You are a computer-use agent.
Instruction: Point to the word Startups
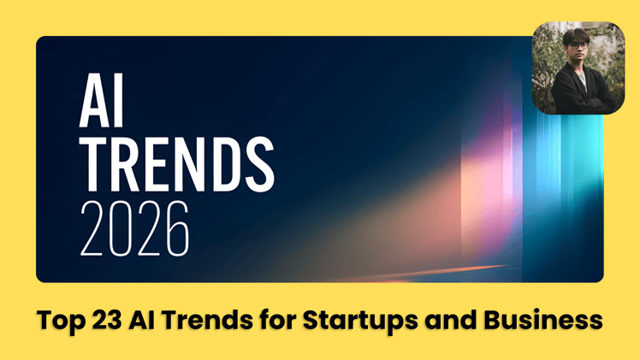point(347,322)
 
